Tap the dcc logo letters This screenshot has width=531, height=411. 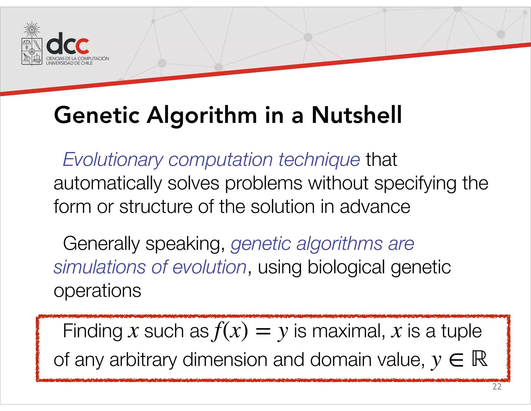point(68,43)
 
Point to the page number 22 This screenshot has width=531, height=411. point(497,387)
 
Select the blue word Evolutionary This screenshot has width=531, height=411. point(113,160)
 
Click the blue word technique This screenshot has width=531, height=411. point(319,160)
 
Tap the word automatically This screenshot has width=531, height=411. point(108,183)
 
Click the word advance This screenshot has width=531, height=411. point(375,207)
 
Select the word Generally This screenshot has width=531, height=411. point(101,244)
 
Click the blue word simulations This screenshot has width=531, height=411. point(100,267)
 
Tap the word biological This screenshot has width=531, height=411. point(346,267)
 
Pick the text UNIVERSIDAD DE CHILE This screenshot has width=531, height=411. point(69,63)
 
